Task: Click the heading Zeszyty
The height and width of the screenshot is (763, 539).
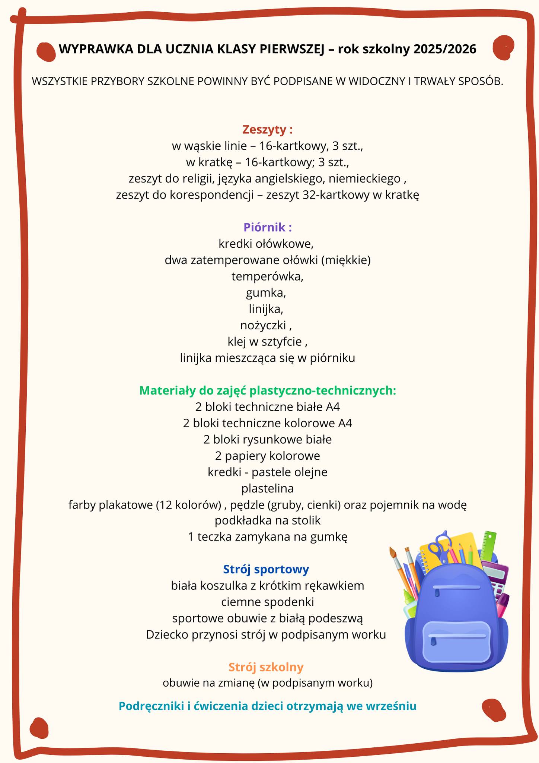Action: coord(267,130)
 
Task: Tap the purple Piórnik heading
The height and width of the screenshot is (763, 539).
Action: coord(267,227)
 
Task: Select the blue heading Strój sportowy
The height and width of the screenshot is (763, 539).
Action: coord(266,569)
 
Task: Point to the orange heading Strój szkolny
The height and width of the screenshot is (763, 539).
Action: coord(266,667)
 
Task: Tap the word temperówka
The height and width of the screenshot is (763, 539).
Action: coord(267,276)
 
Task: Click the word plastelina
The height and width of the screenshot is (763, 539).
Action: coord(267,488)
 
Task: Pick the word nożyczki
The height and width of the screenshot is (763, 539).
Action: coord(264,325)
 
